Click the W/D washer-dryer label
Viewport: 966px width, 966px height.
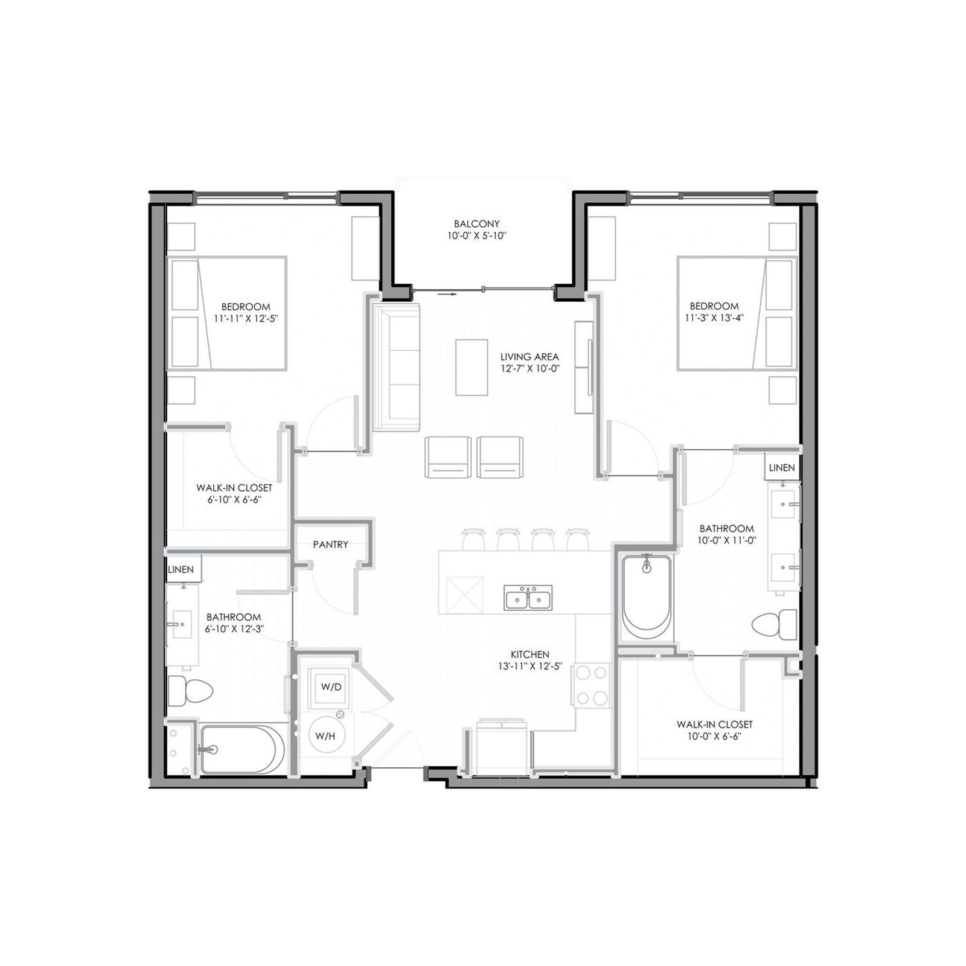tap(331, 687)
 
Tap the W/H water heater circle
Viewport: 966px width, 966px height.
tap(325, 735)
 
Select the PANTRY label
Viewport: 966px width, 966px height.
tap(330, 545)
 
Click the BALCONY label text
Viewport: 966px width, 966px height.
tap(476, 224)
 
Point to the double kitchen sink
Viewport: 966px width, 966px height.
tap(528, 598)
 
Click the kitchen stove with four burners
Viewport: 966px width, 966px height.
tap(592, 685)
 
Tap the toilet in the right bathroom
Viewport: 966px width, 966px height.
tap(775, 624)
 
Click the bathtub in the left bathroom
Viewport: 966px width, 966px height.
tap(242, 749)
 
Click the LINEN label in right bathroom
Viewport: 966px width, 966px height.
tap(782, 468)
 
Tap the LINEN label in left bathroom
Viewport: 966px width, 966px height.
tap(181, 570)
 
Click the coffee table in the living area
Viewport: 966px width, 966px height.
tap(472, 367)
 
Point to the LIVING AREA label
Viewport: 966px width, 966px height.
tap(529, 357)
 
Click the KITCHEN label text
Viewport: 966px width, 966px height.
tap(529, 654)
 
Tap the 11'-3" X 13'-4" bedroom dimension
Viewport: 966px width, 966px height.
tap(714, 318)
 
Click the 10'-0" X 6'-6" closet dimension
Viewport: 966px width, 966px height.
tap(714, 736)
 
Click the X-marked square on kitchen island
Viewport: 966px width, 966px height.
tap(464, 595)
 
